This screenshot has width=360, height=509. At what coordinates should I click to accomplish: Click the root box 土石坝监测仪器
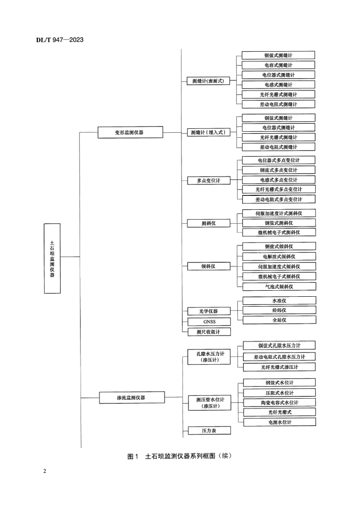click(52, 256)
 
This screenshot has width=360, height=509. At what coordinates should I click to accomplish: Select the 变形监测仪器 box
click(131, 133)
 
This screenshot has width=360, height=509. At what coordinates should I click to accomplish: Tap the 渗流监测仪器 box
click(131, 397)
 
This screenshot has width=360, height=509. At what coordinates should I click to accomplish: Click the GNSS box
click(209, 322)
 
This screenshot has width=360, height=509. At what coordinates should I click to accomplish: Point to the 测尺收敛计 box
click(209, 332)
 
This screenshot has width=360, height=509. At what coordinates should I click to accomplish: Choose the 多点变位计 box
click(209, 180)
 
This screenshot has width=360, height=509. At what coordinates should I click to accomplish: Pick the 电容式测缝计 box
click(278, 65)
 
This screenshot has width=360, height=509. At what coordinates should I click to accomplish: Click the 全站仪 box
click(278, 320)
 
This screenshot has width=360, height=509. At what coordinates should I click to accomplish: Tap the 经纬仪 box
click(278, 311)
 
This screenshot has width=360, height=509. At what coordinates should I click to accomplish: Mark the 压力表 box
click(209, 430)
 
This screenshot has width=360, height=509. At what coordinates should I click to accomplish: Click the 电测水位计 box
click(278, 422)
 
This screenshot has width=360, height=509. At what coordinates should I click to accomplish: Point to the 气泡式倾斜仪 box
click(278, 286)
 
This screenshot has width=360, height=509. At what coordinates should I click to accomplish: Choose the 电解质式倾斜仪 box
click(278, 257)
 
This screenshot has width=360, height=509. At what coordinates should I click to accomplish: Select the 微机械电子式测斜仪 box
click(278, 232)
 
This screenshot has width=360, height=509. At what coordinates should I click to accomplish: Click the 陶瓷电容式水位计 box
click(278, 403)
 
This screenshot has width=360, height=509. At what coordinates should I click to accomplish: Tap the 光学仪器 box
click(209, 311)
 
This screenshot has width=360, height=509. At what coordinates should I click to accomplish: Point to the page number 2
click(45, 471)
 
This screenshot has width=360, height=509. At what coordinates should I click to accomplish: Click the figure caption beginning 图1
click(180, 456)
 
